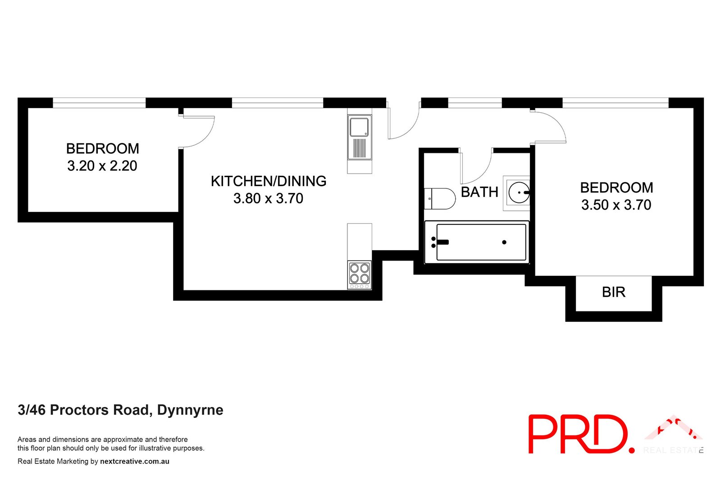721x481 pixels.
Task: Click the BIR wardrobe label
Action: [613, 292]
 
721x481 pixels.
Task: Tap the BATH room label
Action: [479, 192]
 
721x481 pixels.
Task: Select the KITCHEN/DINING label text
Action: [269, 181]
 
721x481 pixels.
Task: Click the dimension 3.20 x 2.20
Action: [102, 166]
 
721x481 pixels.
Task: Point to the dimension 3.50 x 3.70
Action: [616, 205]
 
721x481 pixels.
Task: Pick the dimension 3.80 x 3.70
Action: [268, 198]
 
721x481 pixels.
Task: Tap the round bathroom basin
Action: [518, 192]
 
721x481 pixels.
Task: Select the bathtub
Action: [477, 242]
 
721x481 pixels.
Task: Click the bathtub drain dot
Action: [504, 242]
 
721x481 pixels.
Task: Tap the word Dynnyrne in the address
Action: [190, 410]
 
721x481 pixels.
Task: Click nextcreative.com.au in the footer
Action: [135, 461]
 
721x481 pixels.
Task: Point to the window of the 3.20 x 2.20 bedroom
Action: [99, 103]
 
